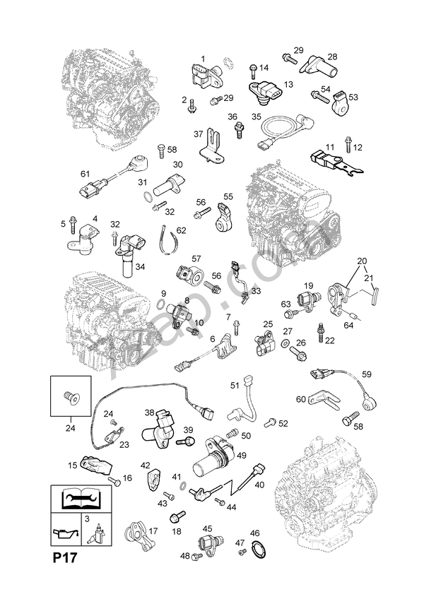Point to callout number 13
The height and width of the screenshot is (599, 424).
click(288, 84)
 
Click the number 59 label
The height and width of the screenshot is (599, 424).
click(366, 374)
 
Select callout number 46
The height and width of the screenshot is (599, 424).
click(254, 533)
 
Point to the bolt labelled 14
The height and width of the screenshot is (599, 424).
click(252, 69)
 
